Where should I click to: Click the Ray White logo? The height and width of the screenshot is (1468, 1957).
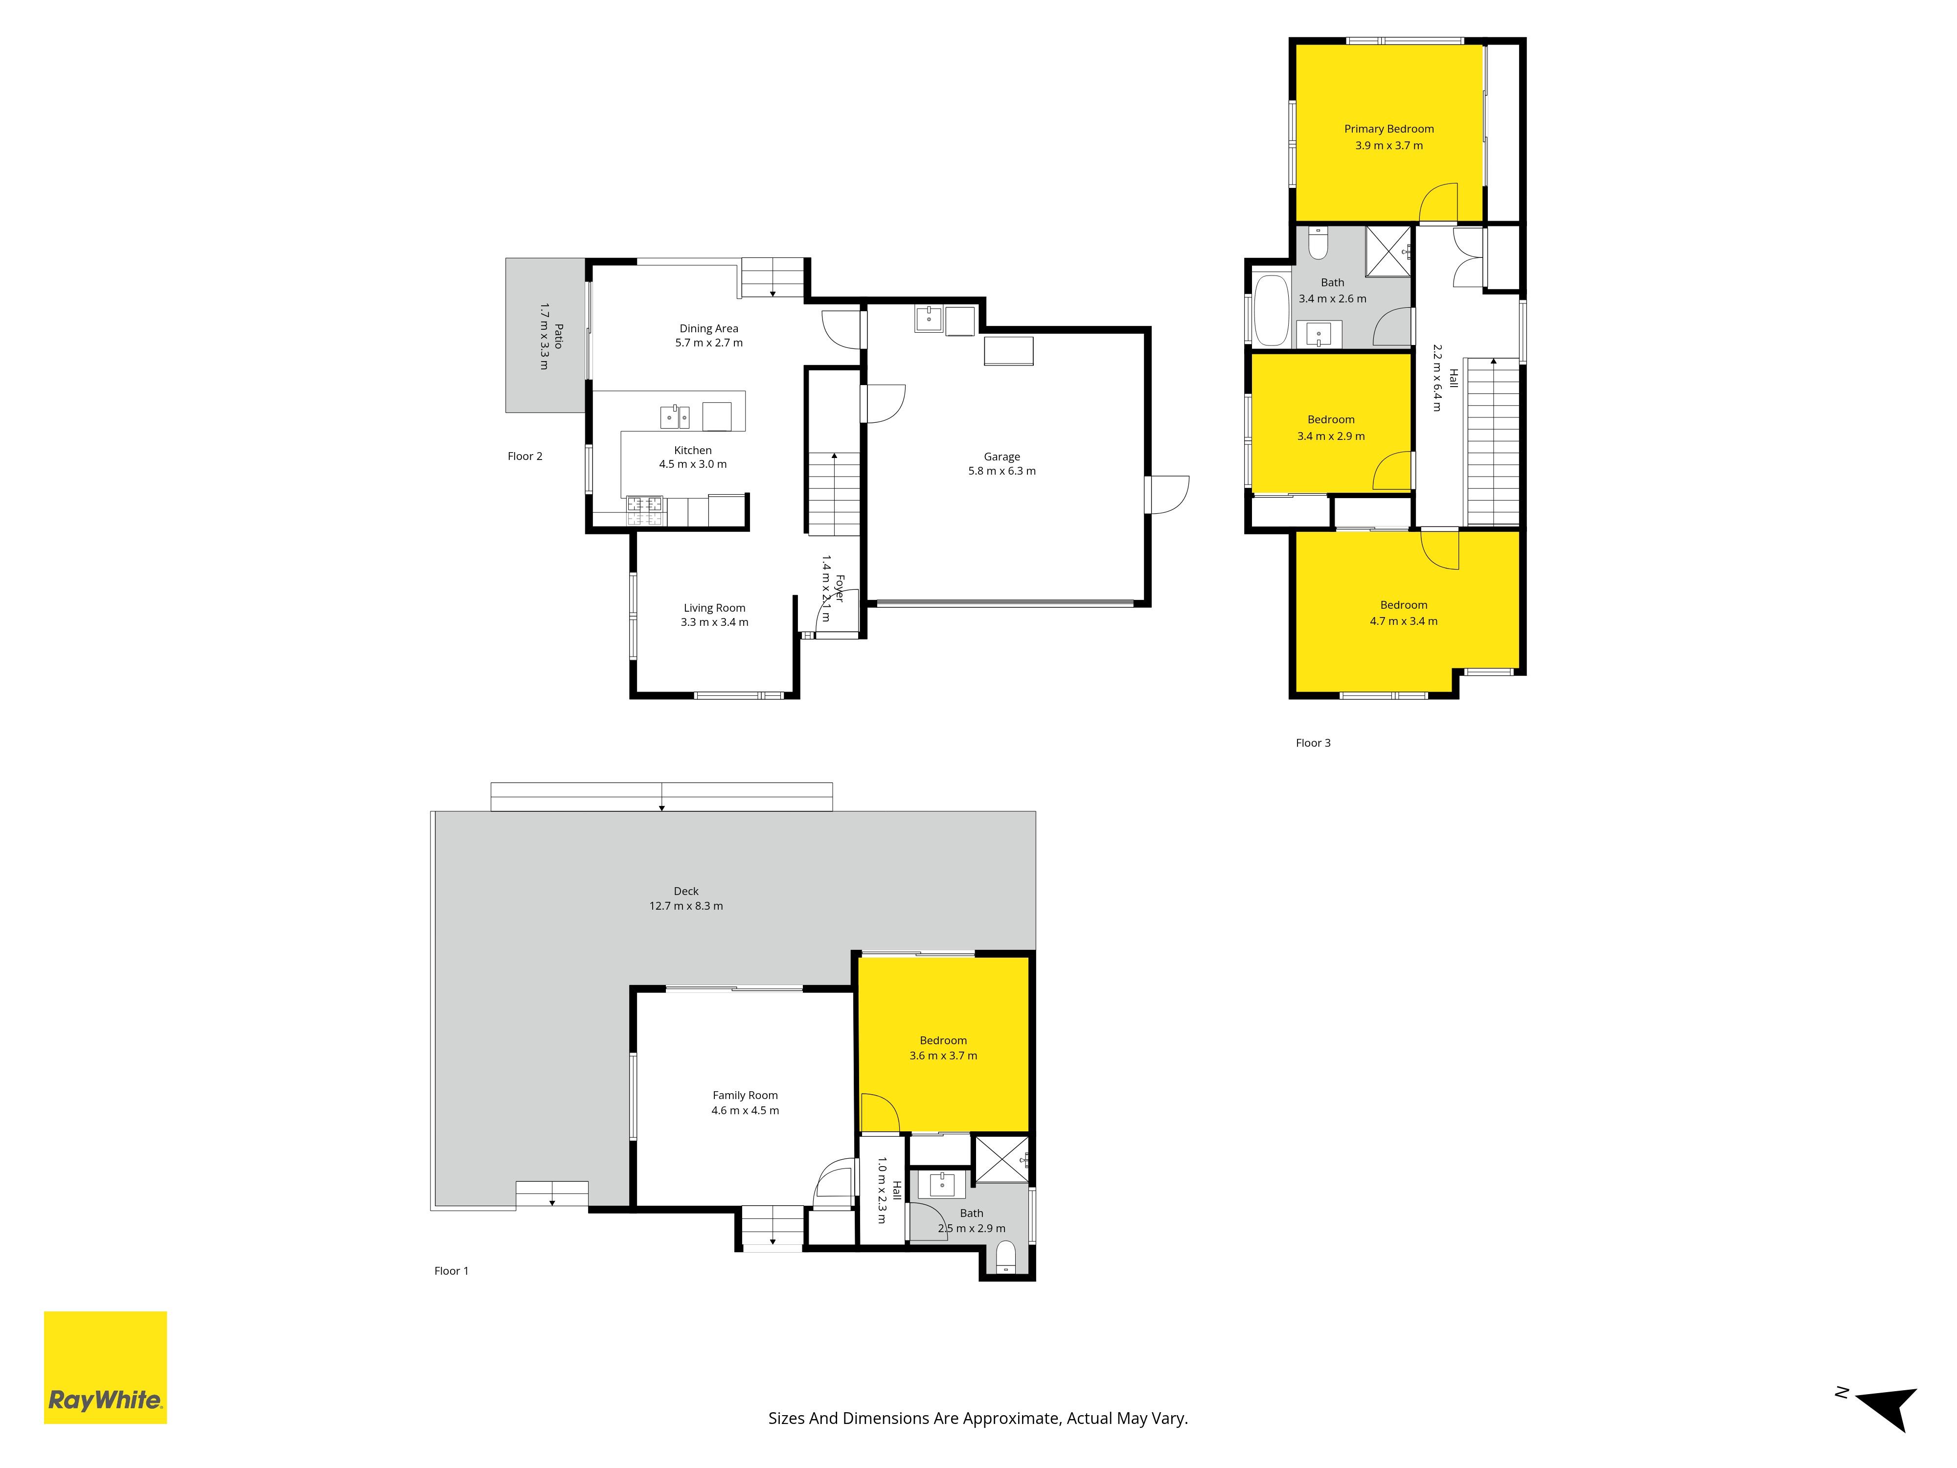pyautogui.click(x=105, y=1367)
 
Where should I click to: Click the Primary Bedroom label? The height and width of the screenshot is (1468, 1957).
pyautogui.click(x=1389, y=129)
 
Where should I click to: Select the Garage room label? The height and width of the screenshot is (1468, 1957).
pyautogui.click(x=1001, y=457)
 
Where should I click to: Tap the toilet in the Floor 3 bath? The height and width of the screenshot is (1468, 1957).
pyautogui.click(x=1318, y=242)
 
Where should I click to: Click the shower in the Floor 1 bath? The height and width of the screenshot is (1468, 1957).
pyautogui.click(x=1001, y=1159)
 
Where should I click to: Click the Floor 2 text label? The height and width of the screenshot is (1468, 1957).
pyautogui.click(x=524, y=457)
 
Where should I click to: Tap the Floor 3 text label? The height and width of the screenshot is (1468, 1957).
pyautogui.click(x=1313, y=743)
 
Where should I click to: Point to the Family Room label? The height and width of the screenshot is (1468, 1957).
pyautogui.click(x=745, y=1096)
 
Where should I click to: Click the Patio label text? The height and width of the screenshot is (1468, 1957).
pyautogui.click(x=558, y=336)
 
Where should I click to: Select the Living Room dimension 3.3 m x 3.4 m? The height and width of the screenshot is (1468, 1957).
pyautogui.click(x=714, y=622)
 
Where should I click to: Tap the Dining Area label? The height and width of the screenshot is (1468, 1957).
pyautogui.click(x=708, y=328)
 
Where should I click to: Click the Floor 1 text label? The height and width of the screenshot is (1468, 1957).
pyautogui.click(x=451, y=1271)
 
